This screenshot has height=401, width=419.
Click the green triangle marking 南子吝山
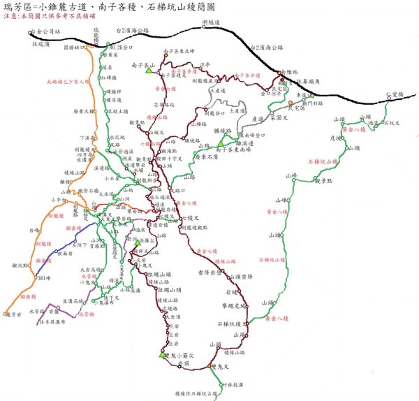click(x=149, y=70)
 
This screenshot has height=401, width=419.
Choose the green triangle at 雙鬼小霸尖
click(x=162, y=354)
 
